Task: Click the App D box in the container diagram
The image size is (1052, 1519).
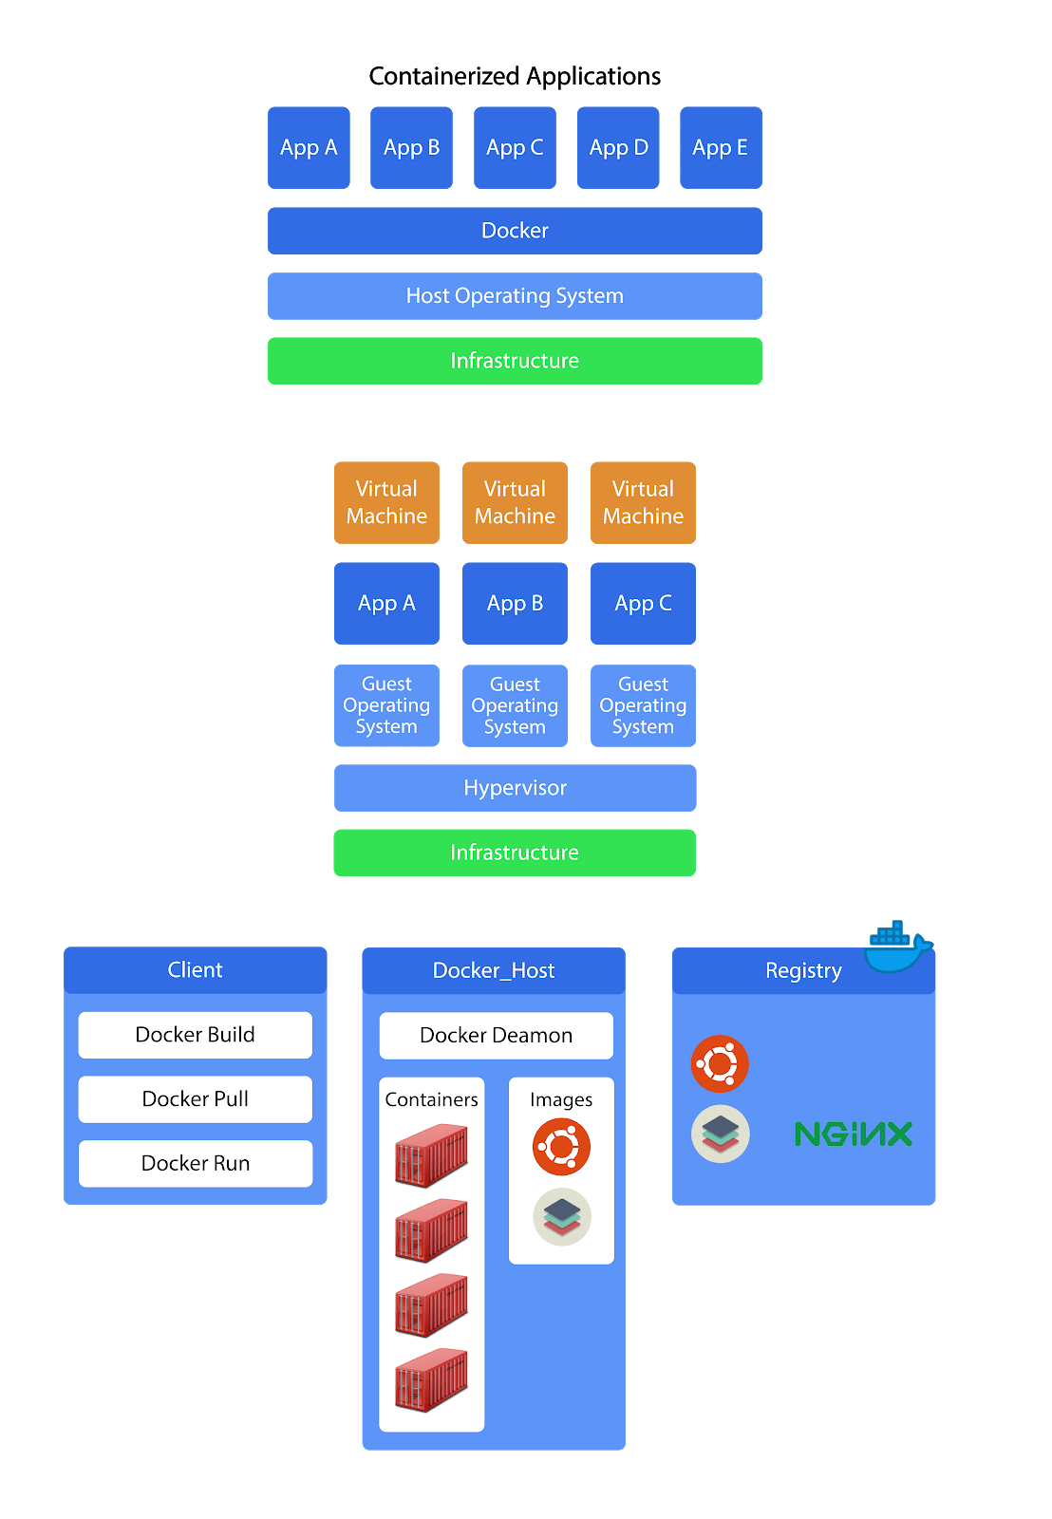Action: (618, 148)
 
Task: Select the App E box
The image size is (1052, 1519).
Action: (721, 148)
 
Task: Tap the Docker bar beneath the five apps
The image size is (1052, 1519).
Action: (515, 231)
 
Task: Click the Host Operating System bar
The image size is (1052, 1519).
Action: (515, 296)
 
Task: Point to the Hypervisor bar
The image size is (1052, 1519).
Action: (515, 788)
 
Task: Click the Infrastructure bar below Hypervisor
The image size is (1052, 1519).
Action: (515, 853)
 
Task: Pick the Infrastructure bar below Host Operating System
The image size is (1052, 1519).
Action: (515, 361)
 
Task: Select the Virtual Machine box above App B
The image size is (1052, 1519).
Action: (515, 502)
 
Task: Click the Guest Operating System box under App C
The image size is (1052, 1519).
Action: (643, 705)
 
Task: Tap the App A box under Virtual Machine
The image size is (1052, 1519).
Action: (386, 604)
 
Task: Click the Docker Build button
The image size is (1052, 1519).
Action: (196, 1035)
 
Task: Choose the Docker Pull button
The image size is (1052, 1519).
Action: (196, 1099)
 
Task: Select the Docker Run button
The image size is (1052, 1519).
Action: (196, 1164)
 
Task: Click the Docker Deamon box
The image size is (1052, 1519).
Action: (496, 1036)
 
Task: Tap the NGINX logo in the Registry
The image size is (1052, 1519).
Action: (853, 1134)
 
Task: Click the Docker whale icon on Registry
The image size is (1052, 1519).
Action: (895, 947)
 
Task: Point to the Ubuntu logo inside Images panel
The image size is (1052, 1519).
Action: (561, 1147)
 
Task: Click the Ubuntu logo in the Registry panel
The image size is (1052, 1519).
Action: (720, 1063)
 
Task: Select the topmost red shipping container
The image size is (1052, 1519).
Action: (431, 1154)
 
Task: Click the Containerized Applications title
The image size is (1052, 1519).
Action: (515, 76)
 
